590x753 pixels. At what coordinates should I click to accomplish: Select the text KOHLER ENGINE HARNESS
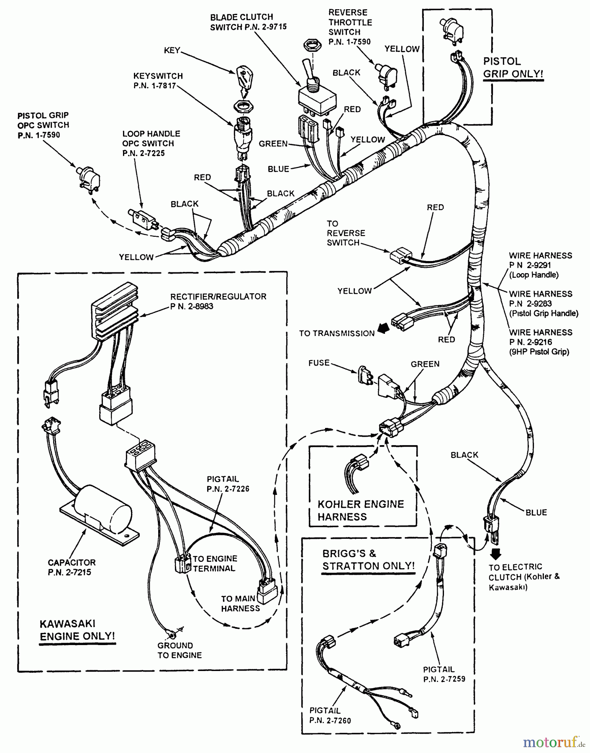[360, 510]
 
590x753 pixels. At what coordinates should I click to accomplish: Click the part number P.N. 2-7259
[444, 679]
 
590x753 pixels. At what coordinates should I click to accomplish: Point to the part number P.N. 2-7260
[330, 720]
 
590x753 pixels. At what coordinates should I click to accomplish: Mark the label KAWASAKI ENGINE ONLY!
[77, 630]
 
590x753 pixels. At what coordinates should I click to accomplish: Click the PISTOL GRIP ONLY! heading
[513, 68]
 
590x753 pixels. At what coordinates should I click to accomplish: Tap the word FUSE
[319, 363]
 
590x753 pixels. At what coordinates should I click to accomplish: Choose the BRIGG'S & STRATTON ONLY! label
[368, 560]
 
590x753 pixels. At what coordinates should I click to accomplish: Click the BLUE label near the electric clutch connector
[536, 512]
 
